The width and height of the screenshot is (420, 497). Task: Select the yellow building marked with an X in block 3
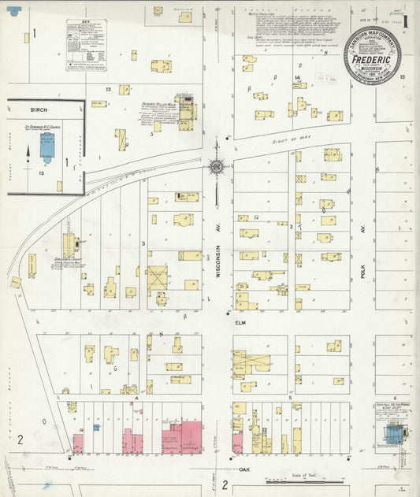(x=157, y=277)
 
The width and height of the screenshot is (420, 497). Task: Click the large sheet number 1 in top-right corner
(x=407, y=19)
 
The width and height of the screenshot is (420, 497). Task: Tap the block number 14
(x=297, y=76)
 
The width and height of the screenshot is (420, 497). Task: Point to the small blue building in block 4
(x=96, y=428)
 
